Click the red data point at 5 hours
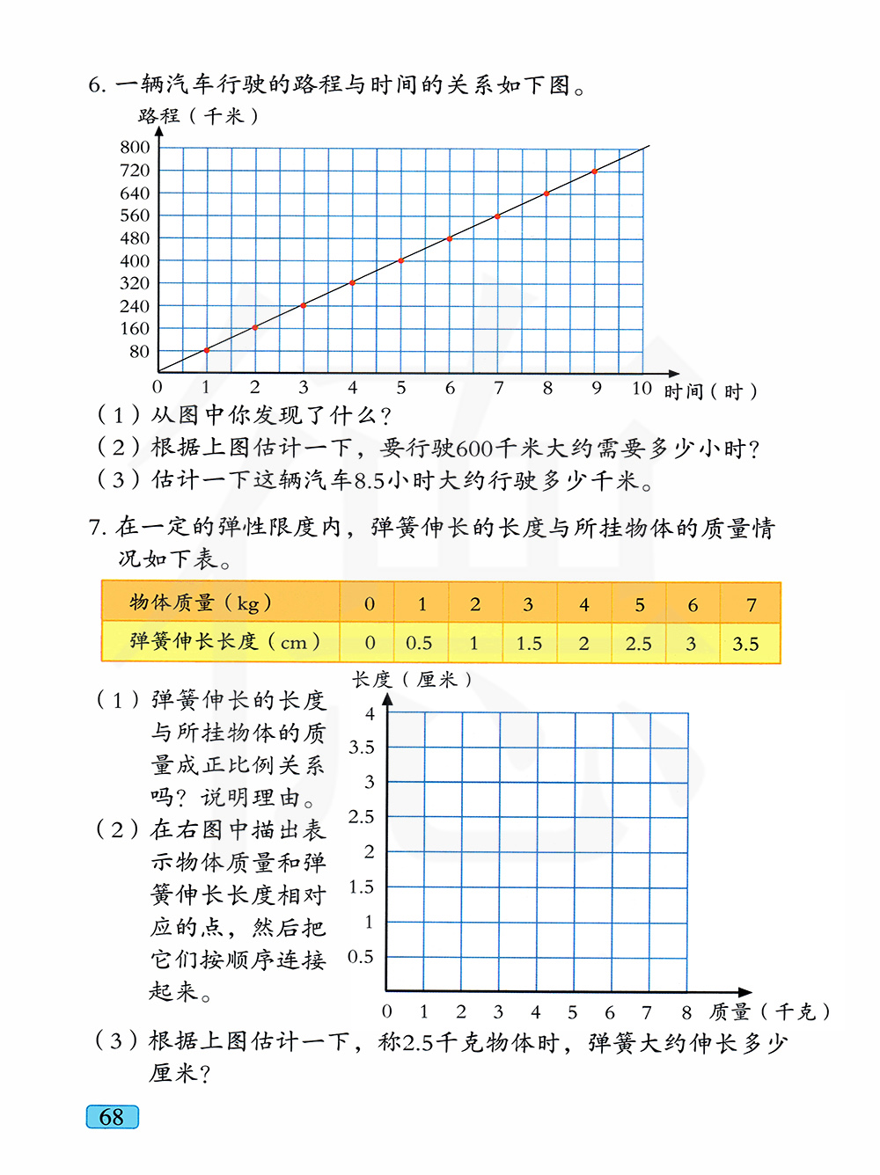click(x=401, y=260)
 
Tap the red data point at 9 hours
click(x=595, y=172)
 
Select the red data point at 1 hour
click(x=207, y=350)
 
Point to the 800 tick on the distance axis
click(x=136, y=147)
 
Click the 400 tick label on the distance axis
click(x=136, y=261)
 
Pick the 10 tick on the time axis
click(x=642, y=388)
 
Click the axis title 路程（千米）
click(x=198, y=116)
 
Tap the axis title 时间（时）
click(x=710, y=391)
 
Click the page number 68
click(x=112, y=1117)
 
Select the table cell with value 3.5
click(x=745, y=644)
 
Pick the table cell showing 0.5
click(x=419, y=644)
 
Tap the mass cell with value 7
click(x=751, y=604)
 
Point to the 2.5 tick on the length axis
click(x=362, y=817)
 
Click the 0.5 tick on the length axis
click(x=361, y=957)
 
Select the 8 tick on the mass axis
click(x=686, y=1012)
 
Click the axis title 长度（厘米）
click(x=413, y=680)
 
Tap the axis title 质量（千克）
click(x=769, y=1012)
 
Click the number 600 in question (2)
click(x=474, y=449)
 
